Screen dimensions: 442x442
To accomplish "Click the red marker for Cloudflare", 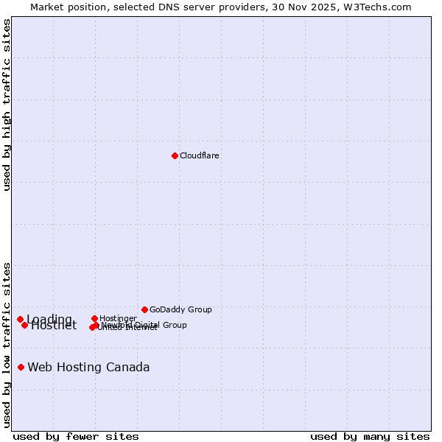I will pyautogui.click(x=175, y=155).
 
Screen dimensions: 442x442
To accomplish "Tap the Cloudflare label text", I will pyautogui.click(x=200, y=155).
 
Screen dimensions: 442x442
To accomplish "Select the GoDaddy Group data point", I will pyautogui.click(x=144, y=309).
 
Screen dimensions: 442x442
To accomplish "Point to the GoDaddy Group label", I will pyautogui.click(x=180, y=309).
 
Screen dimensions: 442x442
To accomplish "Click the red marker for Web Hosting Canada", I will pyautogui.click(x=21, y=367).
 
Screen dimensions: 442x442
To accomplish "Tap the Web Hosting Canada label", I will pyautogui.click(x=88, y=367).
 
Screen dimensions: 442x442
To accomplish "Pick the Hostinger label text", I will pyautogui.click(x=118, y=318).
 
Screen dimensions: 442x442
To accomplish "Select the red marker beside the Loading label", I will pyautogui.click(x=20, y=319).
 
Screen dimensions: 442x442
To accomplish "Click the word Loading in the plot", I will pyautogui.click(x=49, y=319).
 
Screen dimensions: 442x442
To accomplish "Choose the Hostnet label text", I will pyautogui.click(x=54, y=326).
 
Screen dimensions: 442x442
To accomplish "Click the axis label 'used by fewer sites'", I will pyautogui.click(x=76, y=436).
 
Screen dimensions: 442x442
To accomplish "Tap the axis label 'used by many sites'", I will pyautogui.click(x=370, y=436).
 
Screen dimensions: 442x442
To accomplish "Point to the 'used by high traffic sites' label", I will pyautogui.click(x=7, y=105).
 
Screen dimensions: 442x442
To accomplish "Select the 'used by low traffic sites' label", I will pyautogui.click(x=7, y=345).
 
